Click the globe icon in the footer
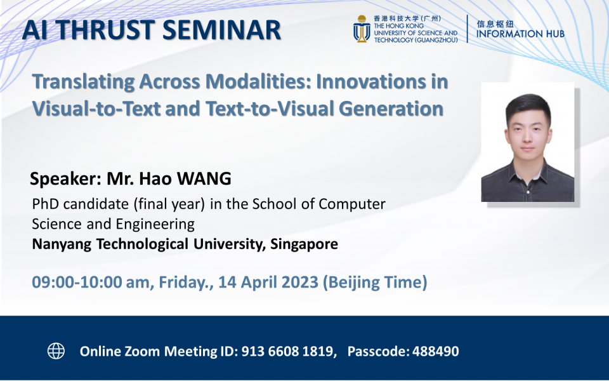pos(56,351)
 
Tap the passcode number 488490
pos(435,351)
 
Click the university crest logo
pos(362,29)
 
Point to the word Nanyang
pos(61,244)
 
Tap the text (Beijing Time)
pos(375,282)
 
